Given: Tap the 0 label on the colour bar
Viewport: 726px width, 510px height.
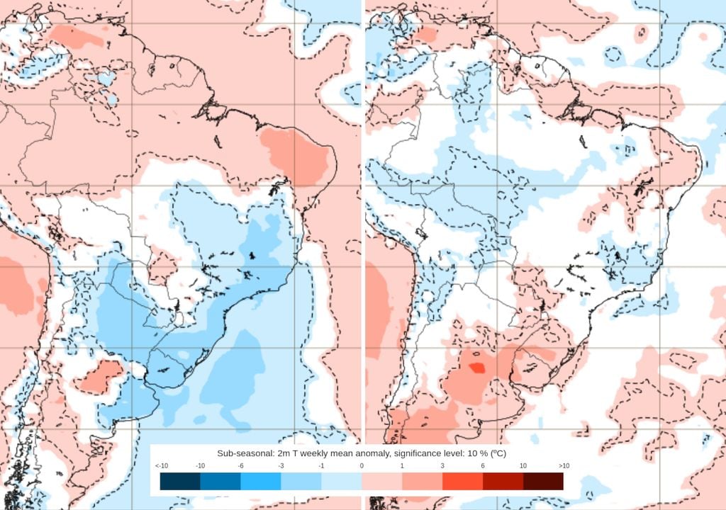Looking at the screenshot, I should [x=362, y=465].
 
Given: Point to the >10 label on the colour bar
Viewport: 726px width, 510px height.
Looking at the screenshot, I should [x=564, y=465].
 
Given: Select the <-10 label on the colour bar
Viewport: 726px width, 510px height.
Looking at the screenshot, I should [x=161, y=465].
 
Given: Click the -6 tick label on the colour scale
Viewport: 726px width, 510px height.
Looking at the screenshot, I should [x=241, y=465].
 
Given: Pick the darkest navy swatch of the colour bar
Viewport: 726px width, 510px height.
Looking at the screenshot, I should [x=180, y=482].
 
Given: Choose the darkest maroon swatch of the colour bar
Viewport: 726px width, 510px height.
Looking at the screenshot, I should [x=543, y=482].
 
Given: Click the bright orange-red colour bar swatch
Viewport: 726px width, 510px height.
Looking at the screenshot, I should [x=462, y=482].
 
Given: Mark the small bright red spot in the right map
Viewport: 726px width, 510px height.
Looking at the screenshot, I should [x=477, y=368].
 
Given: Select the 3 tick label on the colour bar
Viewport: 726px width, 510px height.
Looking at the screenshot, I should [x=442, y=465].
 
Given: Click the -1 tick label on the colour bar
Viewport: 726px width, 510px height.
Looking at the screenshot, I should [x=321, y=465].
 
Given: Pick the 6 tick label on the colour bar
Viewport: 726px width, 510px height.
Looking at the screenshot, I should [x=483, y=465].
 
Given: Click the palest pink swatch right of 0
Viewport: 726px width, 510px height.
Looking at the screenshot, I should [x=381, y=482].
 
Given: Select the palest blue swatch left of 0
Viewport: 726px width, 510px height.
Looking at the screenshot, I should [x=341, y=482].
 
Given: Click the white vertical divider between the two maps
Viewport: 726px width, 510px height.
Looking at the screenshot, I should [x=363, y=212].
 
